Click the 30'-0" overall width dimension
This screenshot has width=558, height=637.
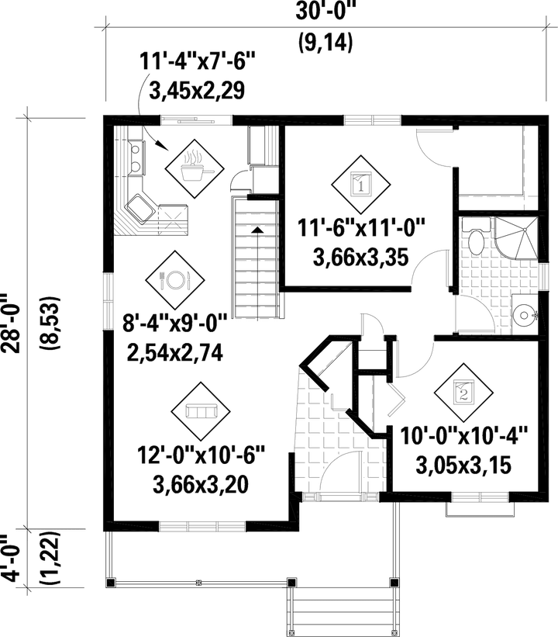(x=325, y=12)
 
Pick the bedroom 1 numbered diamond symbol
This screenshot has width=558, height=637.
(x=359, y=184)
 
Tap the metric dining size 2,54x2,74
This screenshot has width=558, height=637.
(x=174, y=355)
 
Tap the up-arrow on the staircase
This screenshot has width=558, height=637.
(x=256, y=229)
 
